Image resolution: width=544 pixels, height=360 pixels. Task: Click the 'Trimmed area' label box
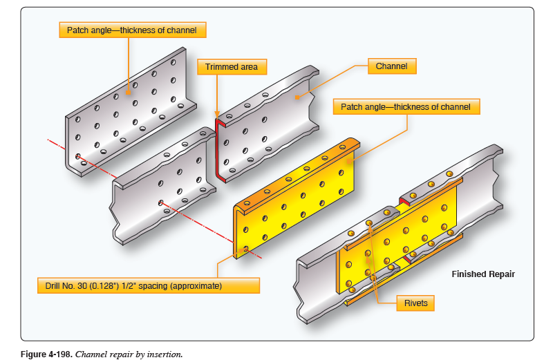[232, 67]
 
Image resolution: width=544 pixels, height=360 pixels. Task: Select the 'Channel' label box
[391, 66]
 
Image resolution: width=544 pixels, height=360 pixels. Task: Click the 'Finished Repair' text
[483, 274]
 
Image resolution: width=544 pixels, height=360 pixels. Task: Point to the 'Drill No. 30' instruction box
[148, 285]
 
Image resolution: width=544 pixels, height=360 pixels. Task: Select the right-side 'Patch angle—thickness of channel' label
[406, 106]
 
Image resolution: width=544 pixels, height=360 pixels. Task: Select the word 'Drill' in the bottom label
[52, 285]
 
